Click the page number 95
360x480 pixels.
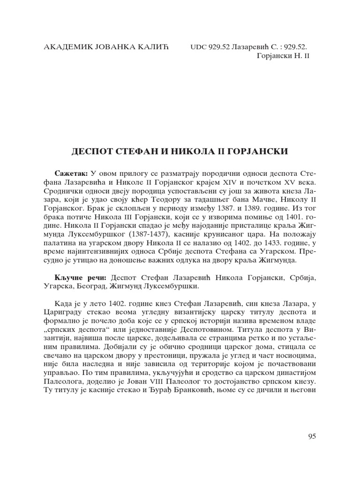pyautogui.click(x=312, y=436)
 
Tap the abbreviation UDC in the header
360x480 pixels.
pyautogui.click(x=198, y=47)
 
